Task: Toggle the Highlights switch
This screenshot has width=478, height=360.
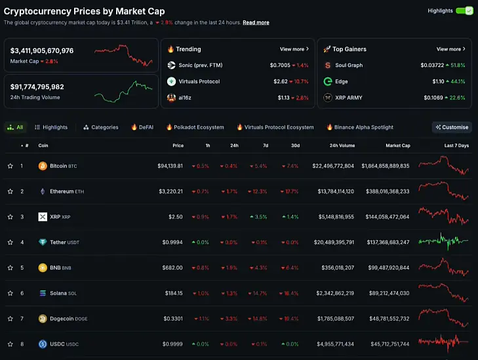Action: coord(464,11)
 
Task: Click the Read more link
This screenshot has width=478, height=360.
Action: coord(256,22)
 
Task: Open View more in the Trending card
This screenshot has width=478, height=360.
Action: coord(294,49)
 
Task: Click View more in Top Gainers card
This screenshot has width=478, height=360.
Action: coord(450,49)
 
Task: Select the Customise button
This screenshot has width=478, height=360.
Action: coord(452,127)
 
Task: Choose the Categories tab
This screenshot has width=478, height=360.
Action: coord(101,127)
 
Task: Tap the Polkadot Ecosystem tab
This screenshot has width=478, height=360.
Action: coord(195,127)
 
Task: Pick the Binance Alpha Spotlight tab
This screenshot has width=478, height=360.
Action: coord(360,127)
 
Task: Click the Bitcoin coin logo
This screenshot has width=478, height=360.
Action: coord(43,166)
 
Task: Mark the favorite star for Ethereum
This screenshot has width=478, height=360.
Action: coord(10,191)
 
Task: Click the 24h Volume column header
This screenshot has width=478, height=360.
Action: coord(342,146)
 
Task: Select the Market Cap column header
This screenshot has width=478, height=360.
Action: coord(398,146)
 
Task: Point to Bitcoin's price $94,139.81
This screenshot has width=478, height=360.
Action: coord(170,166)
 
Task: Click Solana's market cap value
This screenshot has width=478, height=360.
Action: coord(389,293)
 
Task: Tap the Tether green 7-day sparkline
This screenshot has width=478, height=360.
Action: coord(443,242)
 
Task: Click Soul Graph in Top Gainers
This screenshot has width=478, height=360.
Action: coord(349,65)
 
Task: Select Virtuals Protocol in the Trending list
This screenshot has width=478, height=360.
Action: coord(199,81)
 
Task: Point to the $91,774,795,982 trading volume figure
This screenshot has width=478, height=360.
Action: coord(37,87)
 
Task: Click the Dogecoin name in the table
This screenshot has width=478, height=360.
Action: coord(62,319)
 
